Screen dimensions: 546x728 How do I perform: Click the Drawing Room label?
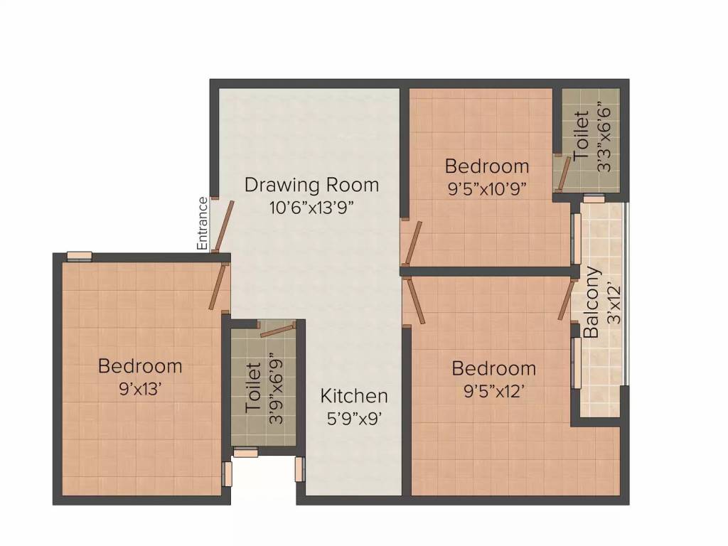coord(311,185)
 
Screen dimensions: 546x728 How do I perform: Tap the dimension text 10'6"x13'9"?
coord(311,208)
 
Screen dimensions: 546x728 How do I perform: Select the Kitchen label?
coord(354,396)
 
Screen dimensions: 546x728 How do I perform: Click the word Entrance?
coord(203,223)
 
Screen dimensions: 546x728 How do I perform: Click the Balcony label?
coord(591,302)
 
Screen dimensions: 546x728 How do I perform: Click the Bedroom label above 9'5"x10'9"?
coord(487,166)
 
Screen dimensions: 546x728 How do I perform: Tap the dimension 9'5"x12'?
coord(493,391)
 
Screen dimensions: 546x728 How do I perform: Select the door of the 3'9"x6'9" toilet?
coord(277,329)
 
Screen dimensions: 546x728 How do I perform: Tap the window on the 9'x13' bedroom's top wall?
coord(79,257)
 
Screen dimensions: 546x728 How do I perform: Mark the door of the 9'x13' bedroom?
coord(218,287)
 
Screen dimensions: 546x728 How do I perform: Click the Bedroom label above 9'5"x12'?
coord(493,369)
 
